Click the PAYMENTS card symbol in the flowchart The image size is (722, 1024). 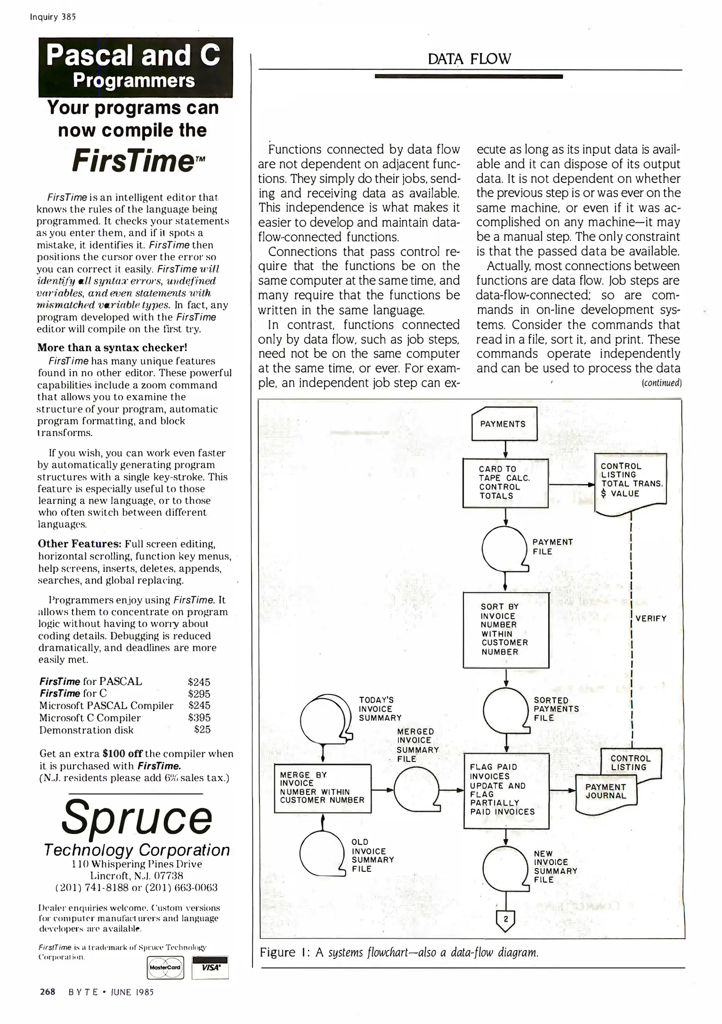(x=504, y=424)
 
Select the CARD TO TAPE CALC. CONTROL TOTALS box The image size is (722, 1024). (x=505, y=483)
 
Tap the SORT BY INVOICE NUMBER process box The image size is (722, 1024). (x=505, y=629)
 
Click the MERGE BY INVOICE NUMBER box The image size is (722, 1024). (x=322, y=788)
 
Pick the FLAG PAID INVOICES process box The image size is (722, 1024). (x=505, y=790)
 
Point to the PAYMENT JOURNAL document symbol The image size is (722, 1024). (x=605, y=792)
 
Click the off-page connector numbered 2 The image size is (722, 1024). (x=505, y=920)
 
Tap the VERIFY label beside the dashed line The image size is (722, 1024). (x=650, y=618)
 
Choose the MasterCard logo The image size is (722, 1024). (x=165, y=967)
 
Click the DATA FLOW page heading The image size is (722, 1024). (x=469, y=59)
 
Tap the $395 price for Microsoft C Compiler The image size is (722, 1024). (x=199, y=718)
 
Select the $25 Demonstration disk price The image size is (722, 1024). (x=202, y=730)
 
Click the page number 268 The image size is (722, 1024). (x=47, y=992)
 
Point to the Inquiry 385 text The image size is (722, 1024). (x=53, y=17)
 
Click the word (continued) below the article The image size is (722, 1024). (x=661, y=383)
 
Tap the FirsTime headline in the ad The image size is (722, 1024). (x=133, y=161)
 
